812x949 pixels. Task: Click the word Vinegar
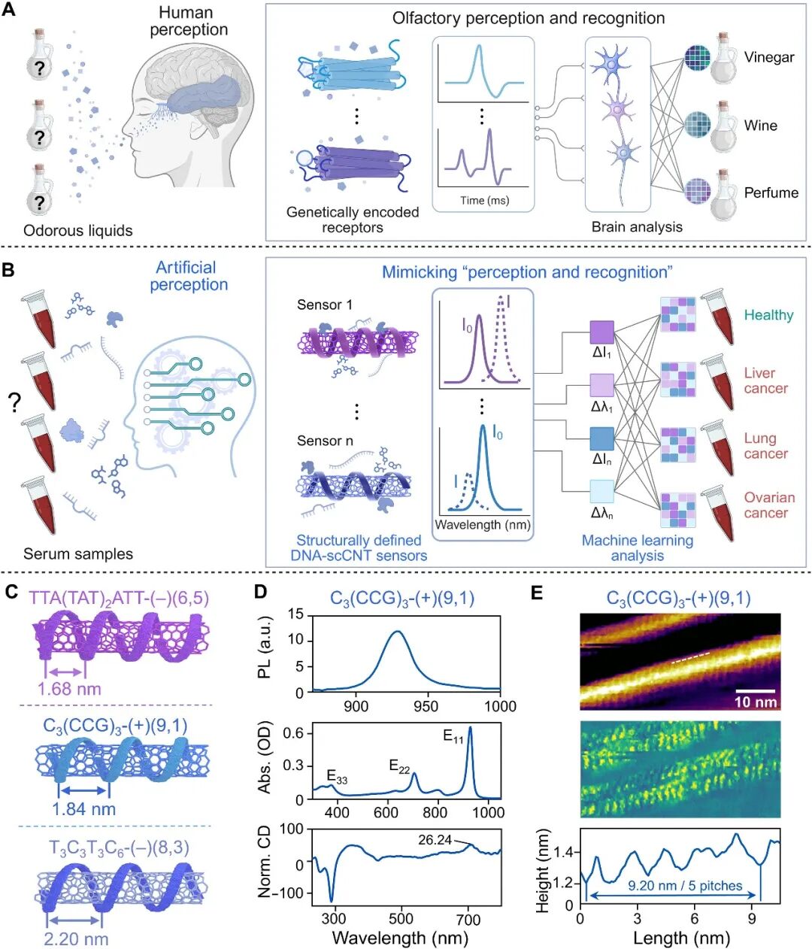(x=769, y=57)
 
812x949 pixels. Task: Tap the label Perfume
(x=771, y=193)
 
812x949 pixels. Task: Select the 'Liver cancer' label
(x=765, y=381)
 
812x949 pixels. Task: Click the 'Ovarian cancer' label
(x=769, y=505)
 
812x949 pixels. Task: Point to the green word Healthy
(x=768, y=315)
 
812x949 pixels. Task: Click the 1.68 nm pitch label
(x=69, y=689)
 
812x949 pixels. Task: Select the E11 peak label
(x=453, y=736)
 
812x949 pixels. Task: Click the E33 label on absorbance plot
(x=337, y=776)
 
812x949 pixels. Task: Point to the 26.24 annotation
(x=435, y=840)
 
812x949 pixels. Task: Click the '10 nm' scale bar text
(x=756, y=702)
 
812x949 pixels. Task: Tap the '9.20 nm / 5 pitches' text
(x=685, y=886)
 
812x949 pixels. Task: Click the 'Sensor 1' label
(x=325, y=305)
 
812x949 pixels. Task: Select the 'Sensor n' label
(x=325, y=441)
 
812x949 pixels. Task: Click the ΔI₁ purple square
(x=601, y=332)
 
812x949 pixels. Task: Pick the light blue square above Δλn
(x=601, y=491)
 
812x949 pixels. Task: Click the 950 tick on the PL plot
(x=426, y=705)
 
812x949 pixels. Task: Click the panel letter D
(x=261, y=592)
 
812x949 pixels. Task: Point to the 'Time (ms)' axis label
(x=485, y=200)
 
